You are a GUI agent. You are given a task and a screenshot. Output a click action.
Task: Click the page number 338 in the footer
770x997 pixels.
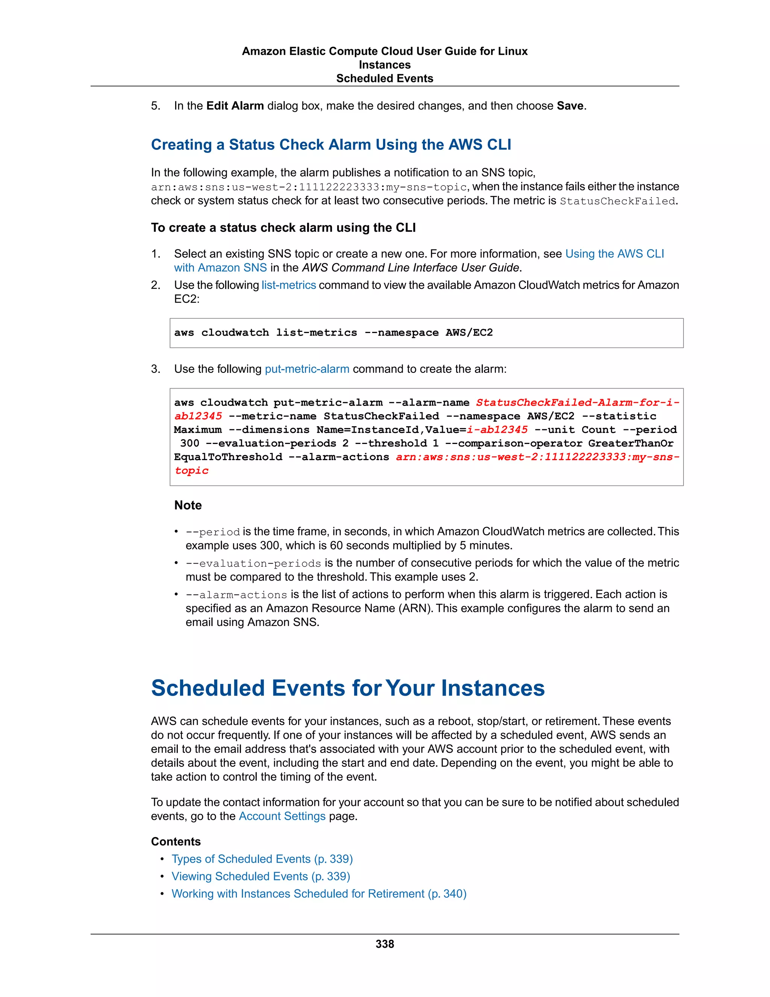(385, 944)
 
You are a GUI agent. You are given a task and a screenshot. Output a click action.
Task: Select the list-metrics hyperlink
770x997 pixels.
(288, 285)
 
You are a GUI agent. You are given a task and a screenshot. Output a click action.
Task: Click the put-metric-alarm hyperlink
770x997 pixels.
(307, 369)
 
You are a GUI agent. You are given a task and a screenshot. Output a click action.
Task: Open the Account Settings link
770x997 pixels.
(282, 816)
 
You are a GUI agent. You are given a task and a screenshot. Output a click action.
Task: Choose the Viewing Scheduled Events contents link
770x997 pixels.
(261, 877)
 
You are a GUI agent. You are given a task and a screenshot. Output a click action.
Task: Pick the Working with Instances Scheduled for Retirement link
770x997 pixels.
(319, 894)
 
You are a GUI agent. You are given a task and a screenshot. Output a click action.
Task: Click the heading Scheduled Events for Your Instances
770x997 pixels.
(348, 688)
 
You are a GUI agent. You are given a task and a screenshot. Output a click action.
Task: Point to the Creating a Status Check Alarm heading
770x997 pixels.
(331, 145)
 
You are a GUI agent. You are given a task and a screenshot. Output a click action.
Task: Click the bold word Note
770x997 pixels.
(188, 505)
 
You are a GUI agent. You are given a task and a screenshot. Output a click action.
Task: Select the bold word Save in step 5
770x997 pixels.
(570, 106)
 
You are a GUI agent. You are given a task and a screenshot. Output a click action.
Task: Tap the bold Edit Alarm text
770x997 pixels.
(235, 106)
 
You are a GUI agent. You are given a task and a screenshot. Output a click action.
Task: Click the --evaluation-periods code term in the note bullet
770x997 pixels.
(253, 563)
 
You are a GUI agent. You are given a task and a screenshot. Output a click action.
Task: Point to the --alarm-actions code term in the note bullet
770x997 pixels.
(236, 595)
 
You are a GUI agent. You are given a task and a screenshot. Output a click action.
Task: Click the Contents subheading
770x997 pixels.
(176, 842)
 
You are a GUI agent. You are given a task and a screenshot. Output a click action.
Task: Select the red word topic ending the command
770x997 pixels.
(192, 471)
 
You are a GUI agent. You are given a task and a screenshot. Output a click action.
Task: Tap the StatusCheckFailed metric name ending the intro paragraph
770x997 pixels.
(617, 201)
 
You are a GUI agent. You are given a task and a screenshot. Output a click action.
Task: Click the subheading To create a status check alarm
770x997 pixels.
(283, 228)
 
